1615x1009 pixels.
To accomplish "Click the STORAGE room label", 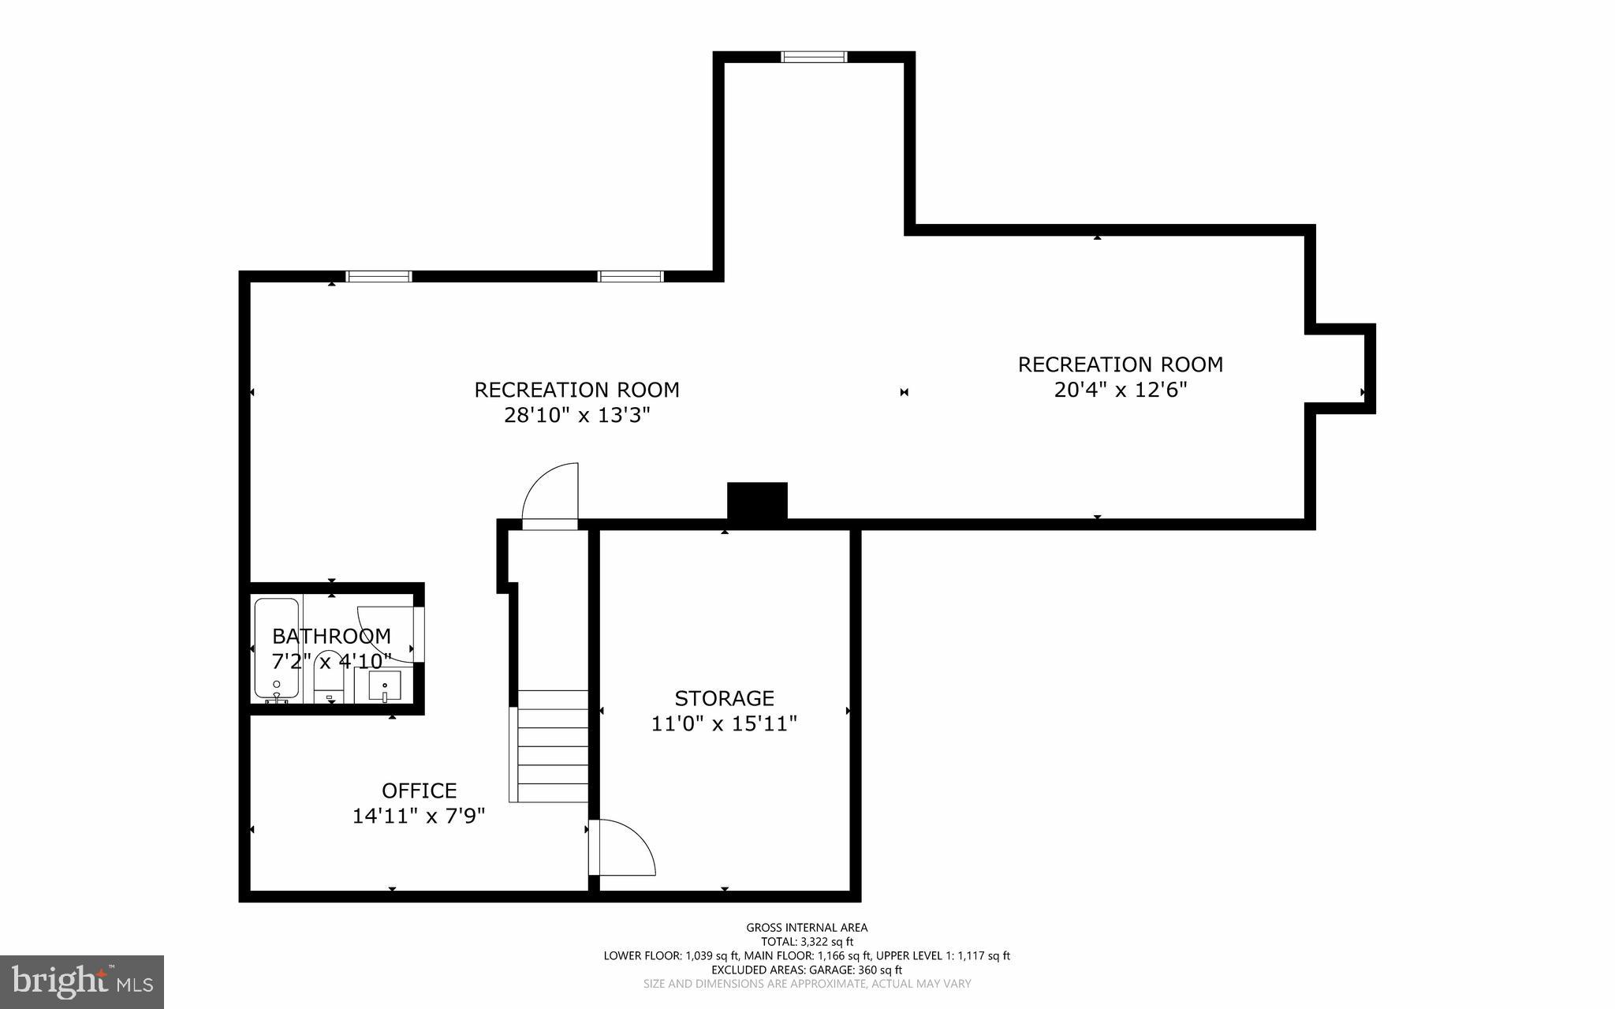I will pos(724,698).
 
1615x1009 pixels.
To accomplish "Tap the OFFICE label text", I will pos(419,790).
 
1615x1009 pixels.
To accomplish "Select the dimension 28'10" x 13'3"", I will pos(576,415).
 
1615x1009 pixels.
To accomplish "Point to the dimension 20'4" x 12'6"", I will pos(1120,390).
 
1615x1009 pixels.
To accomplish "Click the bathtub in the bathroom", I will pos(276,648).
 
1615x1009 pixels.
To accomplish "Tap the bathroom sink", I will pos(384,685).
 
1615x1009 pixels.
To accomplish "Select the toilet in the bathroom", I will pos(328,682).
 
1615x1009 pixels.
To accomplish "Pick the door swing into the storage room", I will pos(623,848).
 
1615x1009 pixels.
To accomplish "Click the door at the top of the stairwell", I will pos(550,495).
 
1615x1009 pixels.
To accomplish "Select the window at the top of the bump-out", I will pos(814,57).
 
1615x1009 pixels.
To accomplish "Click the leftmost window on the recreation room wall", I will pos(379,276).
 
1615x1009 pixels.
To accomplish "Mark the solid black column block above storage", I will pos(757,501).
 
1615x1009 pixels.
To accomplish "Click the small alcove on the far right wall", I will pos(1341,368).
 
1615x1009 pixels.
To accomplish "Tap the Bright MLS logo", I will pos(82,981).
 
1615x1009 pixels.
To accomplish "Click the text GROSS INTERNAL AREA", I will pos(807,928).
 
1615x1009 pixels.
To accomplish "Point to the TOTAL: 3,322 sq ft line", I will pos(807,942).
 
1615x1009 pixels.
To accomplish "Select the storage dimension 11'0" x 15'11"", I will pos(724,723).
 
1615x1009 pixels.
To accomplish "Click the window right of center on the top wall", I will pos(630,276).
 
